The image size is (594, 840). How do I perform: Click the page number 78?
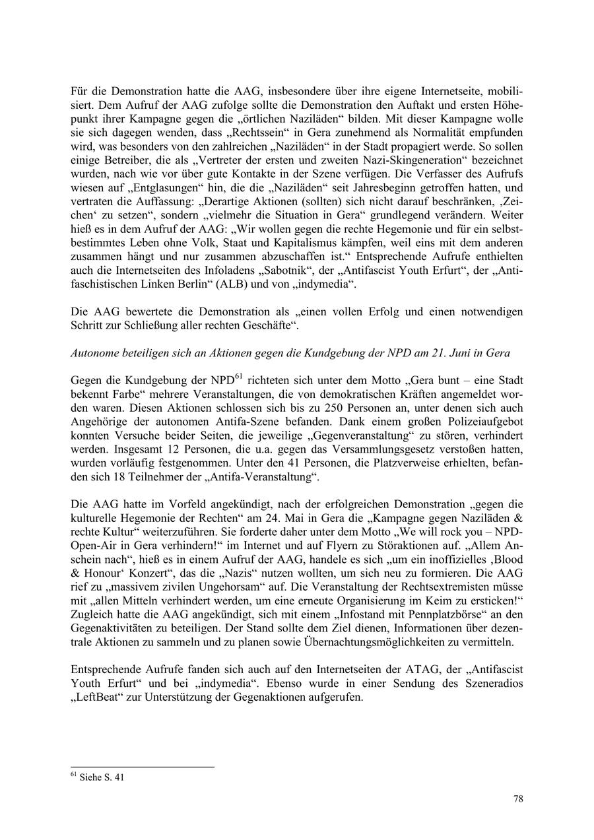tap(518, 799)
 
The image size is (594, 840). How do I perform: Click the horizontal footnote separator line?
tap(143, 767)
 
